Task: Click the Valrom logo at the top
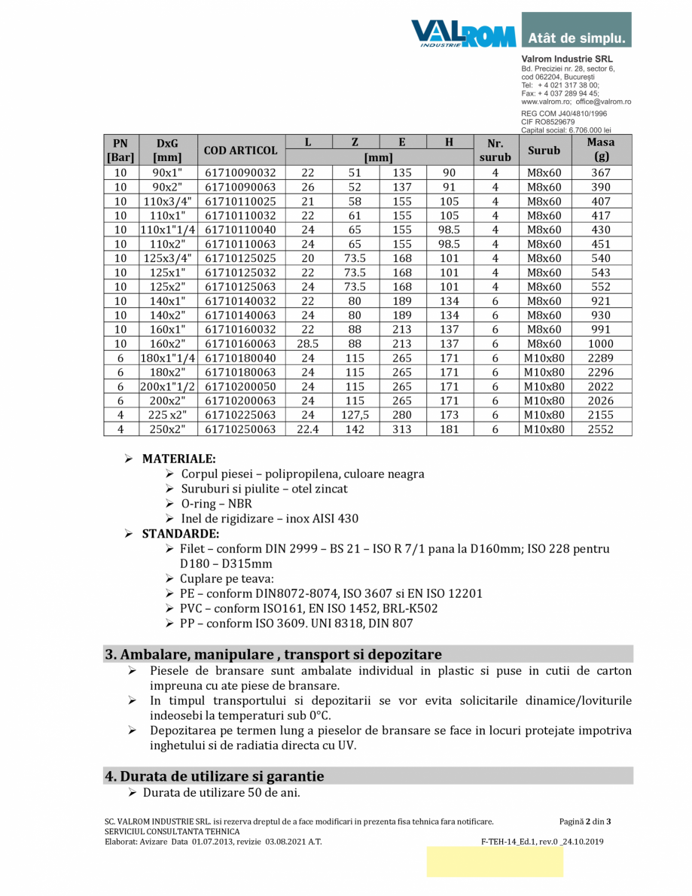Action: [x=463, y=34]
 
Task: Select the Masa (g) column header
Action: [x=601, y=150]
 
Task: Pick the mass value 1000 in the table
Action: [x=601, y=344]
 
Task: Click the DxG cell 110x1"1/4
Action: [x=168, y=230]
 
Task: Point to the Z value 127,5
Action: [x=355, y=415]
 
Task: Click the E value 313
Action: [x=402, y=429]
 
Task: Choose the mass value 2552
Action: [x=601, y=429]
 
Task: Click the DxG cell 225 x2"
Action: [x=168, y=415]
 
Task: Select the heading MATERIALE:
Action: [x=178, y=459]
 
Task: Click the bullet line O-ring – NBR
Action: [x=216, y=504]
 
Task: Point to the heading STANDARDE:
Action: [x=180, y=534]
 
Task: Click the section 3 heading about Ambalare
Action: [x=273, y=654]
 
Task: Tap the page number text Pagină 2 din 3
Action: [x=585, y=821]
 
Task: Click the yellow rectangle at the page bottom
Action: [x=495, y=861]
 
